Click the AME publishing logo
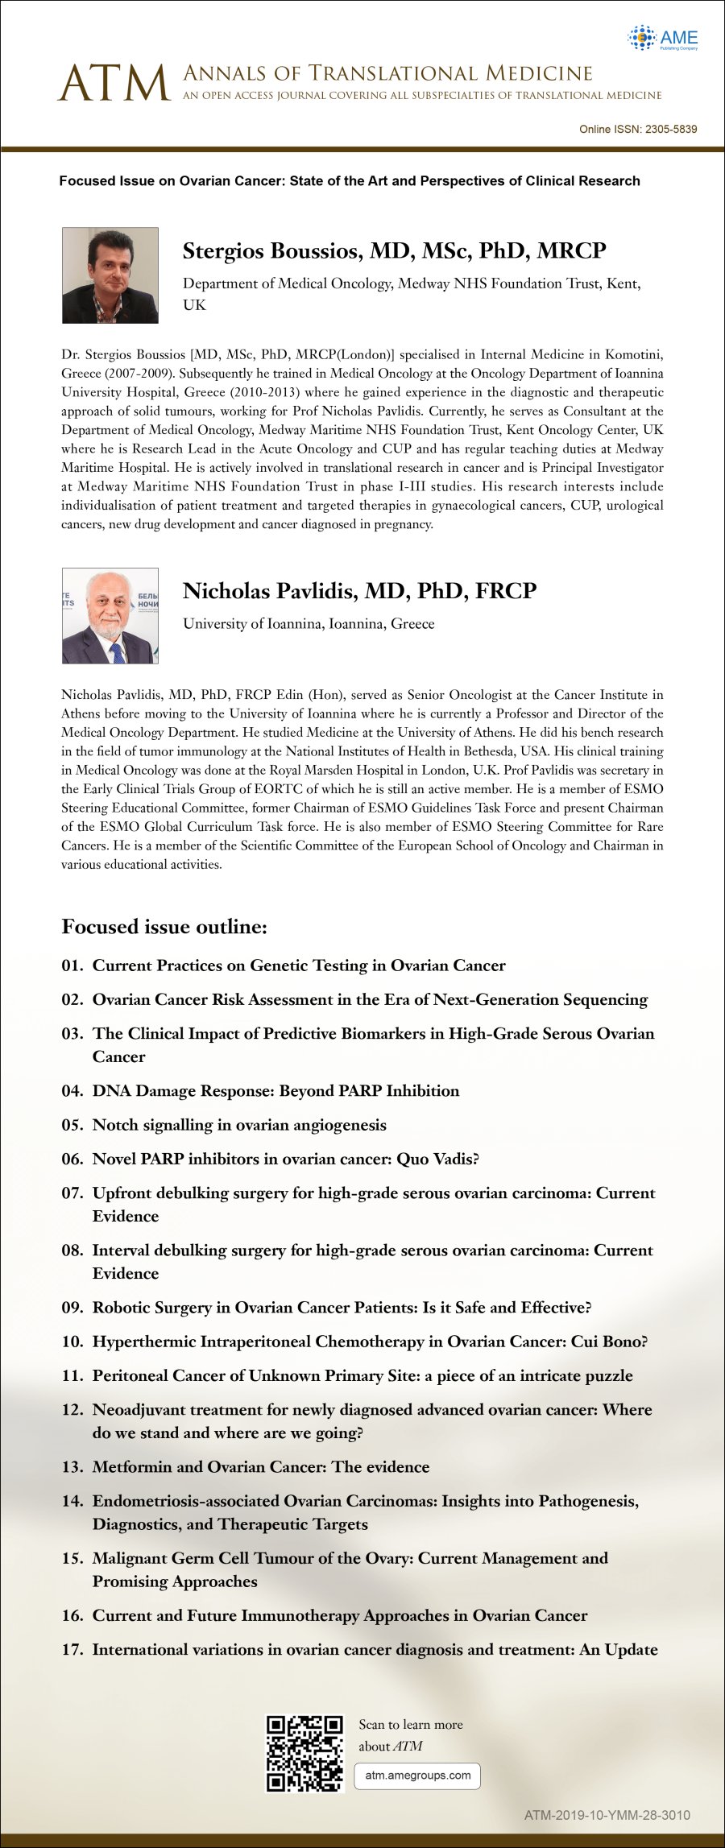click(x=662, y=38)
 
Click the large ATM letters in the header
click(x=114, y=84)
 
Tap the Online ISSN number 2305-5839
click(x=665, y=129)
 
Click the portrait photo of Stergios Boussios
click(x=110, y=275)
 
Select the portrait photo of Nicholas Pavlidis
click(x=110, y=616)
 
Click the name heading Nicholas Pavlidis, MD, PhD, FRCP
click(x=359, y=591)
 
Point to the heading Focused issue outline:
click(x=164, y=927)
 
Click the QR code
click(x=304, y=1753)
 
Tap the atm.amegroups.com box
click(x=417, y=1775)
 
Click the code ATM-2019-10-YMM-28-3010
click(x=607, y=1815)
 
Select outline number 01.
click(x=72, y=965)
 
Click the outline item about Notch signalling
click(x=239, y=1125)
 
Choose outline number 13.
click(x=72, y=1467)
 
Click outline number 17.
click(x=72, y=1650)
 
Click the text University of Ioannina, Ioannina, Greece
click(x=309, y=624)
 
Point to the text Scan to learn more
click(x=411, y=1725)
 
